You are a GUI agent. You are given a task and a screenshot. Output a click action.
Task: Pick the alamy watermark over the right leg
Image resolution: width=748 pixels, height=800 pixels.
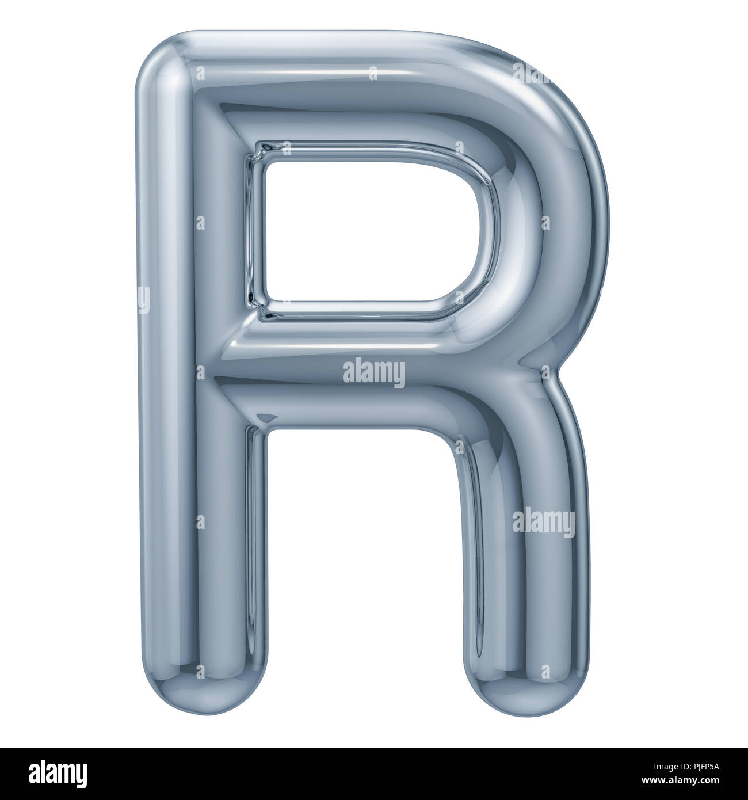point(543,523)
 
